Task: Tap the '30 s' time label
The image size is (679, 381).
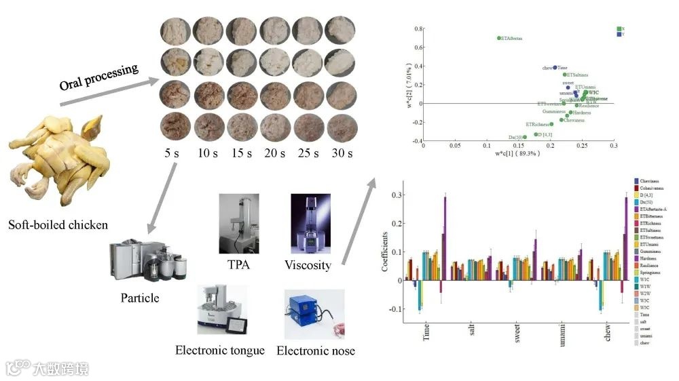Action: [x=342, y=153]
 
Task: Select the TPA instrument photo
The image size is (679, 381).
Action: [x=238, y=223]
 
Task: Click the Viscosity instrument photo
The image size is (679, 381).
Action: [x=310, y=223]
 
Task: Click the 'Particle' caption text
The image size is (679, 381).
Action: [x=140, y=298]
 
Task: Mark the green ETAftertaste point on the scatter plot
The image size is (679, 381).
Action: [x=498, y=39]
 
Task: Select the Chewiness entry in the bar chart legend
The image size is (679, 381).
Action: [x=650, y=181]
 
